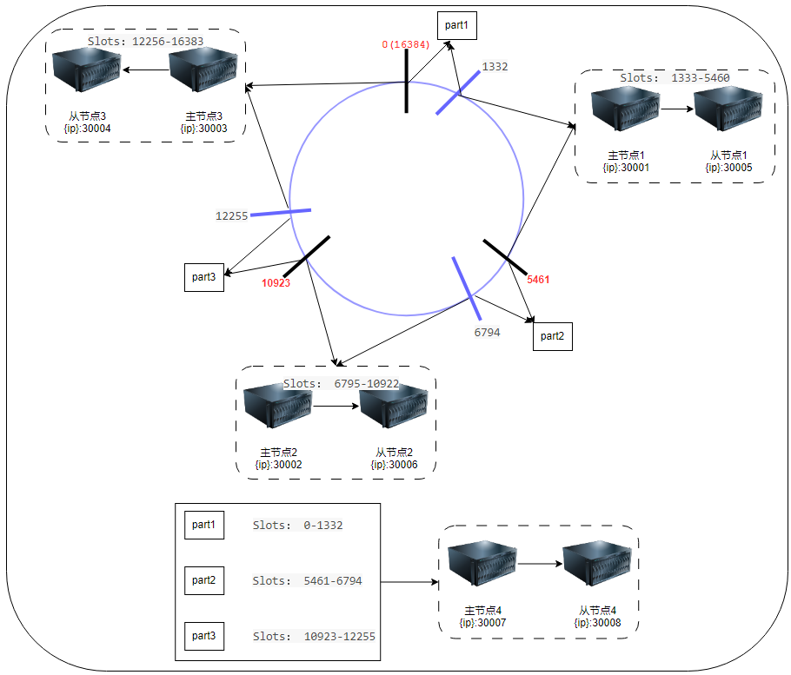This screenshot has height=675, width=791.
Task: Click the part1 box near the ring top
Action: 456,26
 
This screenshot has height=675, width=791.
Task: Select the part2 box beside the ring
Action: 553,335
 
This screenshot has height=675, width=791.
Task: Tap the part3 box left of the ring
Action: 204,276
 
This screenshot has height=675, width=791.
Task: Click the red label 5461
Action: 538,280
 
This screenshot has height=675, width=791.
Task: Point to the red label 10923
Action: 276,282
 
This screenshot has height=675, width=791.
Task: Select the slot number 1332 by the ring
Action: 495,66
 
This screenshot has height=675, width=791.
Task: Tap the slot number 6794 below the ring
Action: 487,332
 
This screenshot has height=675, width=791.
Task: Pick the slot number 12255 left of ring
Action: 232,215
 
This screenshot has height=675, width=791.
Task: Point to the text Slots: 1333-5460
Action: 675,77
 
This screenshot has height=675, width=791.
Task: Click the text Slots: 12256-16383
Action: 145,41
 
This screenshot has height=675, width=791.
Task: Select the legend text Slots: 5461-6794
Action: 307,580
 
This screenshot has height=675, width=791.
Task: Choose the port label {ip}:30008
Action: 595,622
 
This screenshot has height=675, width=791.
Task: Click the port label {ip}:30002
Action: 278,465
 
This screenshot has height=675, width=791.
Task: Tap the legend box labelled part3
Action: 203,635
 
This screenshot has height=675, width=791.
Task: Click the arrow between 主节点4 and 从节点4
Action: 540,564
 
